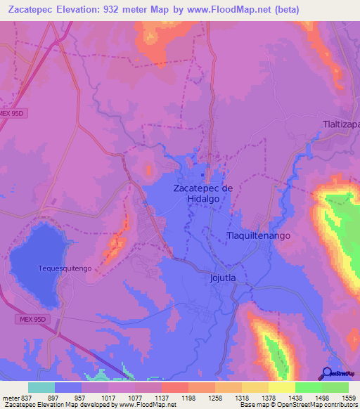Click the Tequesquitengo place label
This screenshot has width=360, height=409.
(65, 268)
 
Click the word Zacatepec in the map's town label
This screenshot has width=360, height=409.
(197, 188)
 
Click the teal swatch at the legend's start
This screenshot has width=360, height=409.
(41, 387)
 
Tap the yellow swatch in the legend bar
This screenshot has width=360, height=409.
(282, 387)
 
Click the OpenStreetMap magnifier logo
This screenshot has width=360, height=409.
(327, 374)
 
